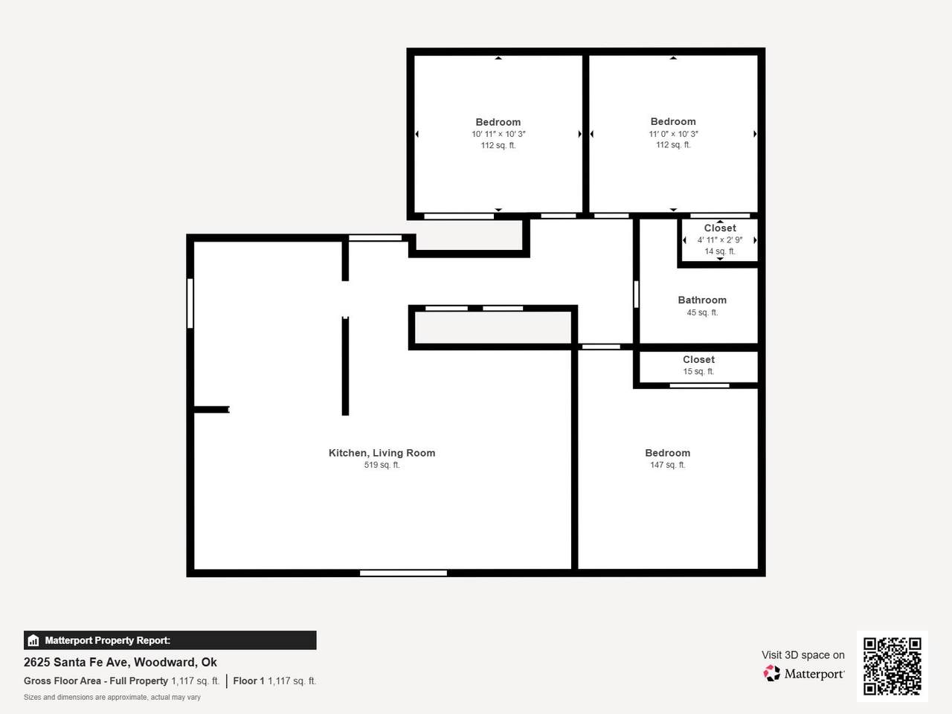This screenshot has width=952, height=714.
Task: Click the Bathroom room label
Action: (x=702, y=300)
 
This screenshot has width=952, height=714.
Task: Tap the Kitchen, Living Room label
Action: (x=382, y=453)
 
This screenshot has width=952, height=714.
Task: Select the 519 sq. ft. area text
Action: (x=382, y=465)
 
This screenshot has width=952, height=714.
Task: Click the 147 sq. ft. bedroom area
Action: (x=667, y=465)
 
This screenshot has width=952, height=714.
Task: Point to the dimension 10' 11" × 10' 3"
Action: (x=498, y=134)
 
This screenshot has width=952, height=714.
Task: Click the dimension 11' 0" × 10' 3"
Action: (x=673, y=134)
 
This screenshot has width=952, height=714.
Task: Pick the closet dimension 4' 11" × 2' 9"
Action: (x=720, y=239)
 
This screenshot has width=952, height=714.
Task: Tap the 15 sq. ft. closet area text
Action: (x=698, y=372)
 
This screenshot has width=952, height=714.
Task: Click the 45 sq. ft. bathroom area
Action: (x=702, y=312)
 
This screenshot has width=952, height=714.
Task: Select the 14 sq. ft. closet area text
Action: (x=720, y=251)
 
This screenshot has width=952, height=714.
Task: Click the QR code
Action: (x=892, y=666)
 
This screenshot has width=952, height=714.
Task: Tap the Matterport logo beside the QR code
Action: (x=803, y=674)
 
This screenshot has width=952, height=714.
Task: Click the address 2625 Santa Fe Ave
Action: (x=76, y=663)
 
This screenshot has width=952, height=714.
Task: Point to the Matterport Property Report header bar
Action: (x=170, y=640)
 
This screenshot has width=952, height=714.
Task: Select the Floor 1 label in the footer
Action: (x=248, y=681)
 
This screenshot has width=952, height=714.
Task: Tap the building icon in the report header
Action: (x=33, y=640)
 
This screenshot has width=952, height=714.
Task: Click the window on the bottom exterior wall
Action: (x=403, y=573)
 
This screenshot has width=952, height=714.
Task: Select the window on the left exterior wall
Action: (x=190, y=303)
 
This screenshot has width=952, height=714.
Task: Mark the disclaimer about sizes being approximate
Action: (x=112, y=698)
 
